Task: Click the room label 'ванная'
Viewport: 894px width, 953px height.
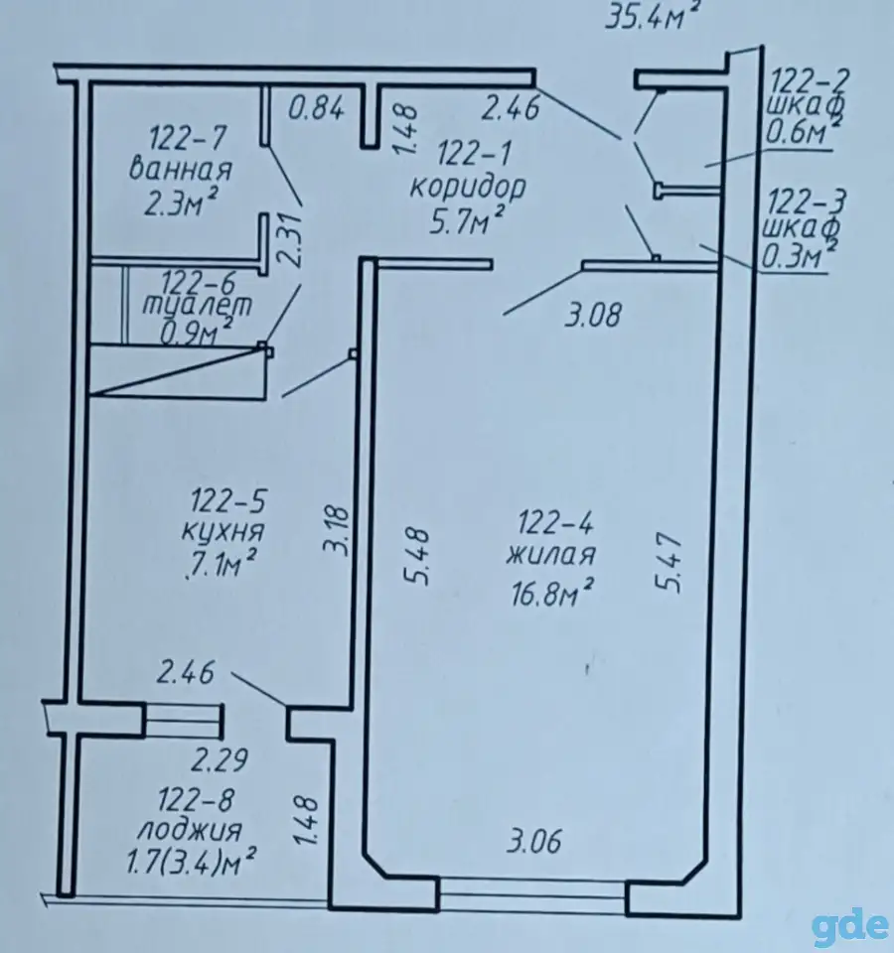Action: click(x=181, y=170)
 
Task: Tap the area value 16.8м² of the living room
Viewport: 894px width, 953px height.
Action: click(x=552, y=592)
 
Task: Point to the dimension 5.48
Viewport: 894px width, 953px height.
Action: click(x=419, y=558)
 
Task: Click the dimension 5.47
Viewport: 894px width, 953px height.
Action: click(x=669, y=562)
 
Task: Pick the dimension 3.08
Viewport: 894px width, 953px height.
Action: click(x=594, y=316)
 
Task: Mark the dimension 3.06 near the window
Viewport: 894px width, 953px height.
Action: click(x=534, y=843)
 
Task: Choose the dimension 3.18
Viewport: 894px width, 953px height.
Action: click(x=338, y=528)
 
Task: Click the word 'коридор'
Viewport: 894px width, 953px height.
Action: click(x=468, y=188)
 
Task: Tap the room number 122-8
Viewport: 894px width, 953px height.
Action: click(x=196, y=800)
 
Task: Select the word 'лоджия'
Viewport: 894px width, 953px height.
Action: click(x=190, y=830)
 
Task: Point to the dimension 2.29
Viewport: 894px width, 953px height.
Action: click(x=221, y=760)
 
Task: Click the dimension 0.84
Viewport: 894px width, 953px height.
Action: click(x=316, y=109)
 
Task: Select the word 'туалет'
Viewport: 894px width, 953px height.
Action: click(x=197, y=306)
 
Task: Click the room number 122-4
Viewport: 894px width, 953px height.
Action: click(x=554, y=524)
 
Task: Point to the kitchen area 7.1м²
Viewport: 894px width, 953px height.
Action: click(x=220, y=567)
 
